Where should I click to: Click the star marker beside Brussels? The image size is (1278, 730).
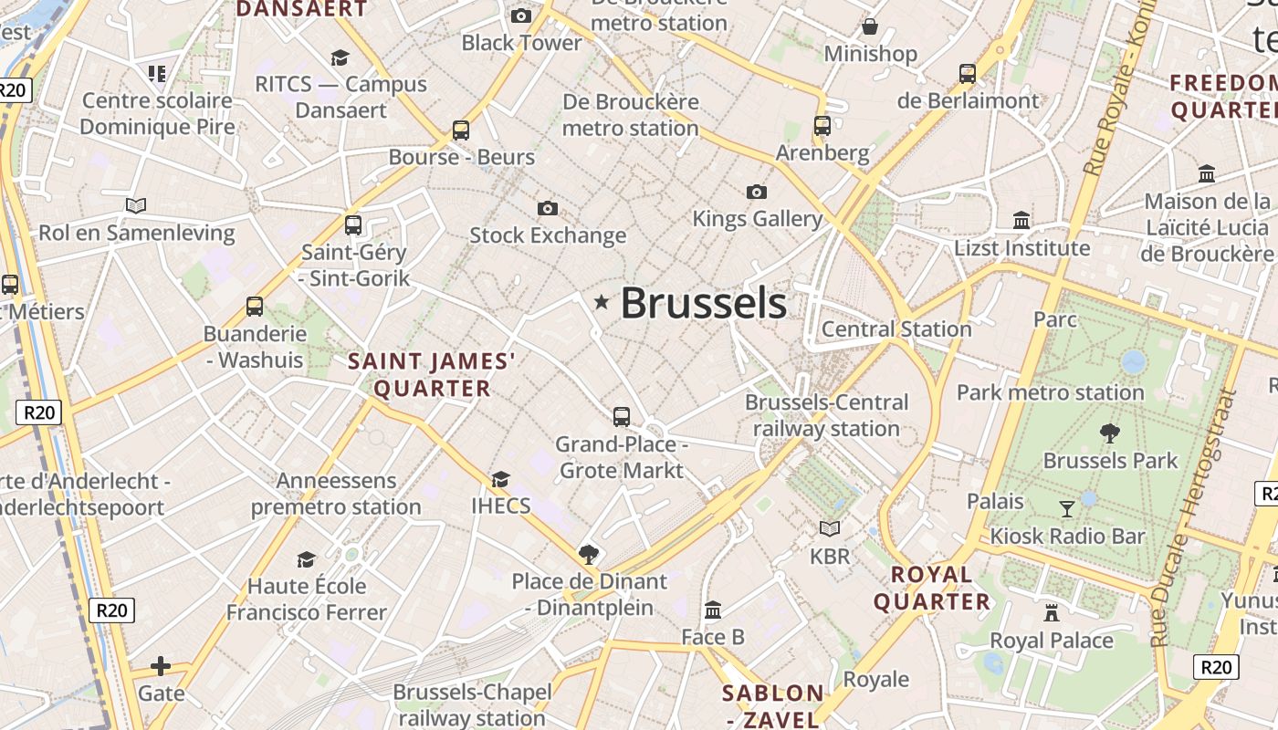pyautogui.click(x=601, y=302)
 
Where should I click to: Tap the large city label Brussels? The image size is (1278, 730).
pyautogui.click(x=703, y=303)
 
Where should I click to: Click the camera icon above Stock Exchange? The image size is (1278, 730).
pyautogui.click(x=548, y=209)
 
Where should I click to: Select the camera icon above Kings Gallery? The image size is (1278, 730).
pyautogui.click(x=756, y=192)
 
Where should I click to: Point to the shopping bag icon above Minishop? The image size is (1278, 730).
pyautogui.click(x=870, y=26)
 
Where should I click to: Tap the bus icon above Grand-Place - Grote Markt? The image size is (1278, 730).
pyautogui.click(x=622, y=417)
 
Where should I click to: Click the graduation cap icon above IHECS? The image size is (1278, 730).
pyautogui.click(x=500, y=479)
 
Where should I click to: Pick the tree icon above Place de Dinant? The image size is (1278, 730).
pyautogui.click(x=589, y=554)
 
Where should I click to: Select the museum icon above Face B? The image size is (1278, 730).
pyautogui.click(x=713, y=610)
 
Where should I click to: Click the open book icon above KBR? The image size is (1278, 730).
pyautogui.click(x=829, y=528)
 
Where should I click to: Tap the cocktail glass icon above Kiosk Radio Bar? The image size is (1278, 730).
pyautogui.click(x=1066, y=508)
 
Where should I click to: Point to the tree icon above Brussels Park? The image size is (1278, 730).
pyautogui.click(x=1110, y=433)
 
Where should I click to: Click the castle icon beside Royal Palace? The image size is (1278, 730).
pyautogui.click(x=1052, y=612)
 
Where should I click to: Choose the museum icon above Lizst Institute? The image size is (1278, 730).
pyautogui.click(x=1021, y=220)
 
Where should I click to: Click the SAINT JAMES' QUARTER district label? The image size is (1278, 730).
pyautogui.click(x=432, y=375)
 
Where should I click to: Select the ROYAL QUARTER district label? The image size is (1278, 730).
pyautogui.click(x=931, y=588)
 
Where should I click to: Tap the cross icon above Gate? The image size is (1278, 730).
pyautogui.click(x=161, y=666)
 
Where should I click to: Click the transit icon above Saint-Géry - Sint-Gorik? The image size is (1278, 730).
pyautogui.click(x=353, y=224)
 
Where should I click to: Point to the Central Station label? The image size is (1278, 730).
pyautogui.click(x=896, y=329)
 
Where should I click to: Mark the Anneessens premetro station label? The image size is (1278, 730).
pyautogui.click(x=336, y=494)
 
